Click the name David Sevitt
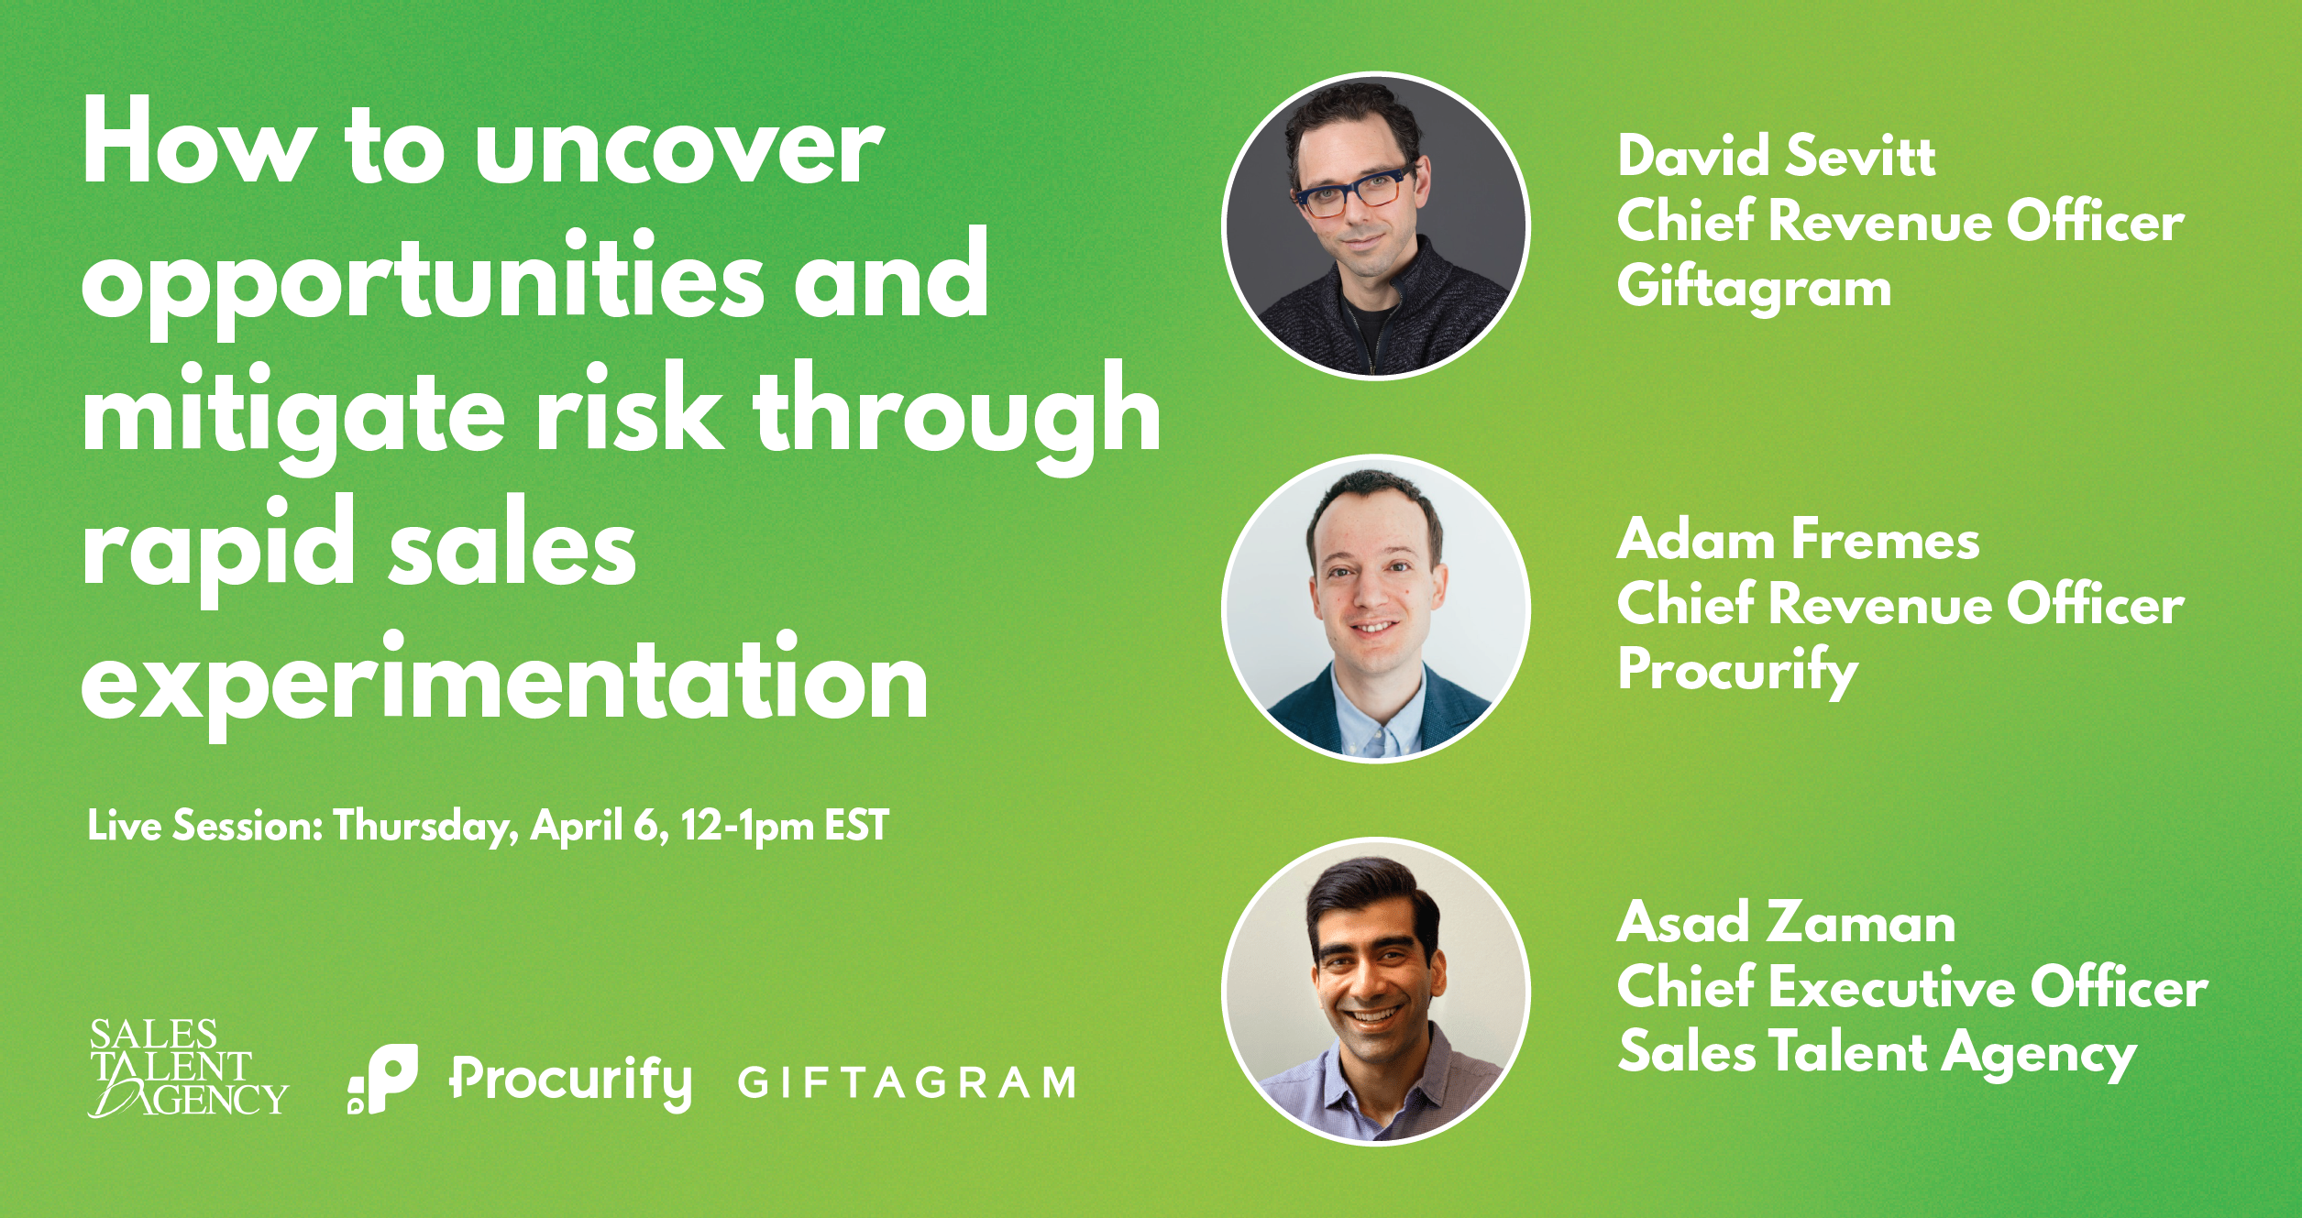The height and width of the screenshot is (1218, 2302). coord(1776,155)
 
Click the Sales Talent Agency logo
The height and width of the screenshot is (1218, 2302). coord(188,1069)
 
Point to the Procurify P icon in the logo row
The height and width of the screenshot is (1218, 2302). coord(383,1079)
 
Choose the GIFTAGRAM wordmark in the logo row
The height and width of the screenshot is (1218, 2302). coord(907,1082)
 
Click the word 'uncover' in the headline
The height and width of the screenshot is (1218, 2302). coord(679,147)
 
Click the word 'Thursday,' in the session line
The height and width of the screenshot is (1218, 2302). coord(425,827)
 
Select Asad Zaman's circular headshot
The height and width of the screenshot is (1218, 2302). coord(1376,992)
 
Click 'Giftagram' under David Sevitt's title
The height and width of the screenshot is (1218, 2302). coord(1754,286)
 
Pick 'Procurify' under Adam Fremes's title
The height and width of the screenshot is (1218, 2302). coord(1737,670)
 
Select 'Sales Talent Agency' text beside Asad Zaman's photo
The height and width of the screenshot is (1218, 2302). coord(1877,1053)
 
